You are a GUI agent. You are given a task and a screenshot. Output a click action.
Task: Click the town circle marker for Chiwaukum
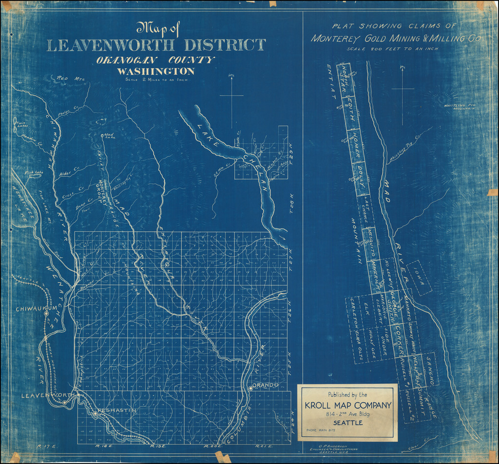pyautogui.click(x=47, y=315)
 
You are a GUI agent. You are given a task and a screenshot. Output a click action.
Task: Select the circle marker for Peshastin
pyautogui.click(x=95, y=414)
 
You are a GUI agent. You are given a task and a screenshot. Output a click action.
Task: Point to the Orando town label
pyautogui.click(x=266, y=385)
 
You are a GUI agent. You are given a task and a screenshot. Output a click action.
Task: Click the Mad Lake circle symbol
pyautogui.click(x=101, y=135)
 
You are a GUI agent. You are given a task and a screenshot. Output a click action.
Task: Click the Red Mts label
pyautogui.click(x=71, y=78)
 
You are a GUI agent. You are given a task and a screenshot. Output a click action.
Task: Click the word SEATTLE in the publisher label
pyautogui.click(x=347, y=423)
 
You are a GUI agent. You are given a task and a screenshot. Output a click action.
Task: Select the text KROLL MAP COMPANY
pyautogui.click(x=347, y=405)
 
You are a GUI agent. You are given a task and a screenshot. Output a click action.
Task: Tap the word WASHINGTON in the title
pyautogui.click(x=155, y=71)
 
